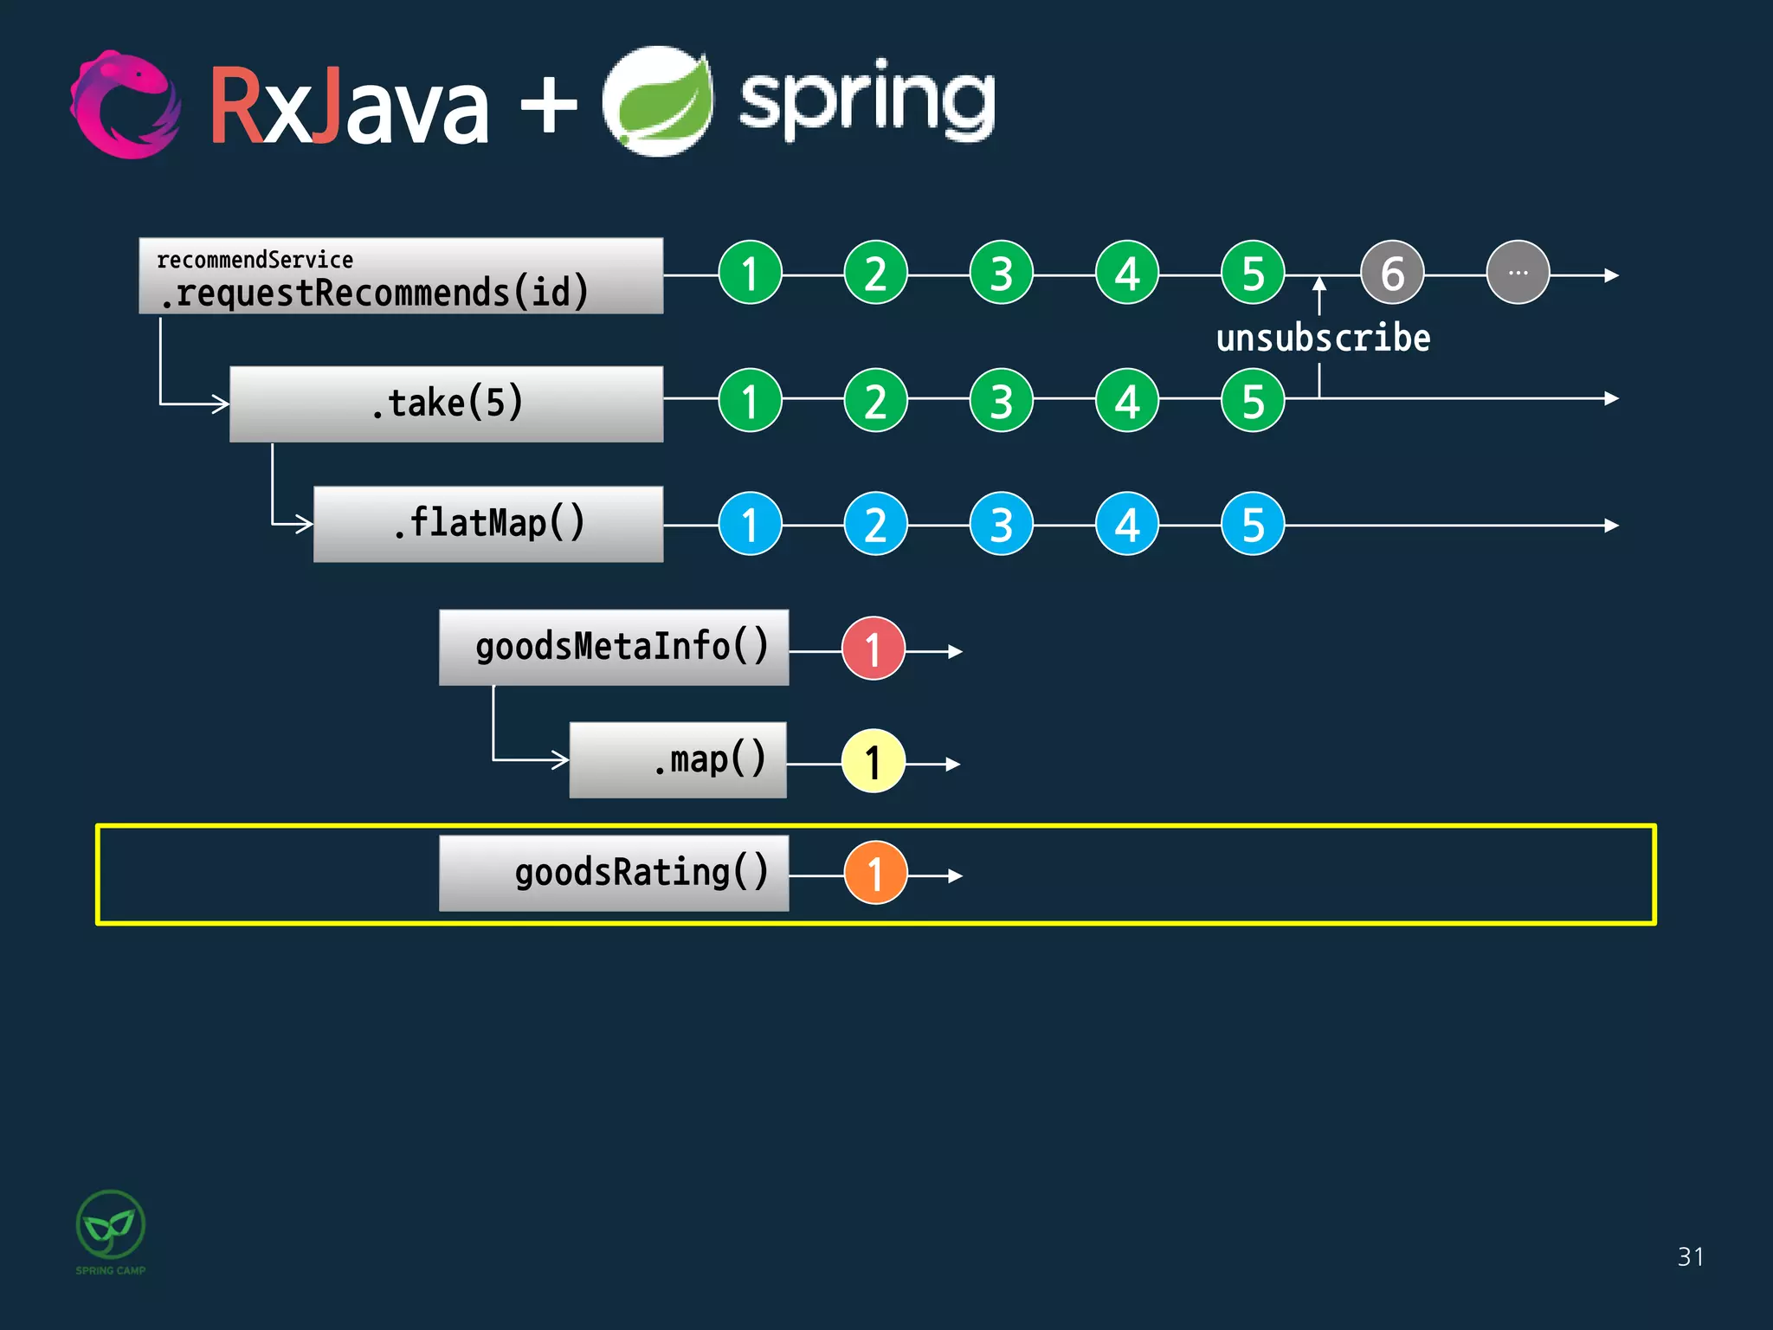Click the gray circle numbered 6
[x=1392, y=274]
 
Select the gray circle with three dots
[x=1518, y=273]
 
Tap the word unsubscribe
[x=1323, y=338]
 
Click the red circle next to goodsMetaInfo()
[x=874, y=649]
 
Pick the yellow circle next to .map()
[x=874, y=762]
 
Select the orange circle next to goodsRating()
[x=875, y=874]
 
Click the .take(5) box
[x=447, y=404]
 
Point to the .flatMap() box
[x=488, y=524]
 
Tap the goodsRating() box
[x=614, y=873]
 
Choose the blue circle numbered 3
[x=1002, y=524]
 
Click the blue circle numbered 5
[x=1253, y=524]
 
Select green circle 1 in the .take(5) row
[x=751, y=400]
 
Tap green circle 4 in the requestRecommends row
[x=1127, y=273]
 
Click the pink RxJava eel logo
[x=126, y=105]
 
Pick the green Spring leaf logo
[x=658, y=102]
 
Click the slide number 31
[x=1690, y=1256]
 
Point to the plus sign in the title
[x=548, y=107]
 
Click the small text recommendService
[x=255, y=260]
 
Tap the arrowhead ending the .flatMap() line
[x=1611, y=526]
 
